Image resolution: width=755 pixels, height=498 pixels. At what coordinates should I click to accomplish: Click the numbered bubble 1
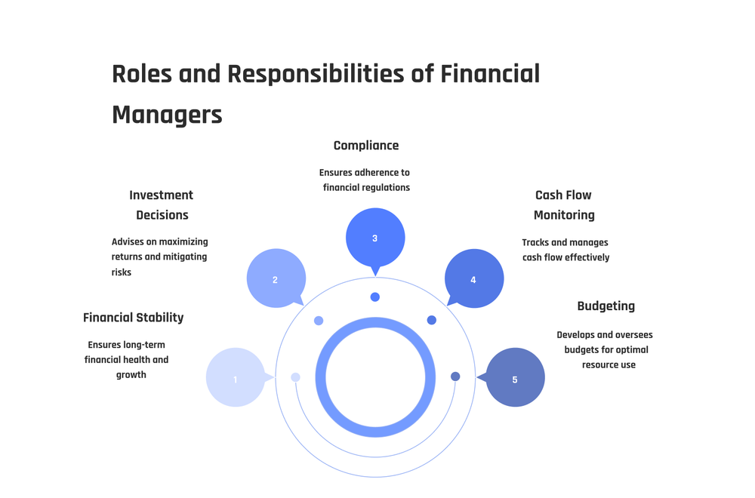tap(236, 377)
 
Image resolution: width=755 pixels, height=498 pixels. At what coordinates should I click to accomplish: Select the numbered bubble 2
tap(276, 278)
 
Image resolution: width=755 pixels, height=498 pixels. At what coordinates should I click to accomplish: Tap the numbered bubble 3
tap(375, 238)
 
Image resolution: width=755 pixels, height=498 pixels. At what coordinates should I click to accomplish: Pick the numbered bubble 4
tap(474, 279)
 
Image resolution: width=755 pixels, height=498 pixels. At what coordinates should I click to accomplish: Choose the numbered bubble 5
tap(516, 377)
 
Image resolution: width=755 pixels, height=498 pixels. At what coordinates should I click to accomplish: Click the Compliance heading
tap(366, 145)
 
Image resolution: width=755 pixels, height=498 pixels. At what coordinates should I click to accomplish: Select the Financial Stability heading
tap(134, 318)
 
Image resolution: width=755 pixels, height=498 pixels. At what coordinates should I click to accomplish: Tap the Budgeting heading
tap(606, 306)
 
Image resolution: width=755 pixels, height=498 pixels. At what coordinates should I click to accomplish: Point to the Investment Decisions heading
tap(162, 204)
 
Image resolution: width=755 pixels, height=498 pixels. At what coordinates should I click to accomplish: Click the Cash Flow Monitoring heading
tap(564, 204)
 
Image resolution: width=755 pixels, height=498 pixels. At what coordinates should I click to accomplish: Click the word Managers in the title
tap(167, 115)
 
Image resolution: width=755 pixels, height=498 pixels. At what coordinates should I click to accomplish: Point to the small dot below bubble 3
tap(375, 297)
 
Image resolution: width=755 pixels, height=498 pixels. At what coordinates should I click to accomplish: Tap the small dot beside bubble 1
tap(295, 377)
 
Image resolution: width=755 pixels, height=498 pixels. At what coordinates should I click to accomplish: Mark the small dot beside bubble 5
tap(455, 377)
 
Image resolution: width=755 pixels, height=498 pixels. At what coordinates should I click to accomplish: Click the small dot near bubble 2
tap(319, 321)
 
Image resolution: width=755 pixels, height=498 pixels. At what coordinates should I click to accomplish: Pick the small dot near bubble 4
tap(432, 320)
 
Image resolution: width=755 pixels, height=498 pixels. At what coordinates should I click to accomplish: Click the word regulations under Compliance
tap(387, 187)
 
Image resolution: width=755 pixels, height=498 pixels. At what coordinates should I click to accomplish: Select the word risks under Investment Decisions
tap(122, 272)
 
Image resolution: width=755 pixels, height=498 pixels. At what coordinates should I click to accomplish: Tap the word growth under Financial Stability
tap(131, 374)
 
